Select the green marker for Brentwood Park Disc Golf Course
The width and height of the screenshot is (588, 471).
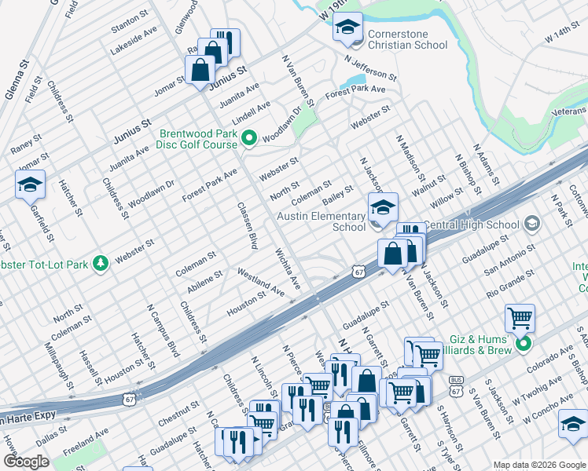(x=250, y=140)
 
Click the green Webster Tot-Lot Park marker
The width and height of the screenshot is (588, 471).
(x=100, y=263)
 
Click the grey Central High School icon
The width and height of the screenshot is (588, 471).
(x=532, y=225)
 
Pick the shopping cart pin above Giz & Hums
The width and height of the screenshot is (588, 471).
(x=520, y=319)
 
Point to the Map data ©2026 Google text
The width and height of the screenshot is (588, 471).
(x=538, y=465)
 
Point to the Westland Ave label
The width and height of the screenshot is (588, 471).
(x=261, y=282)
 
